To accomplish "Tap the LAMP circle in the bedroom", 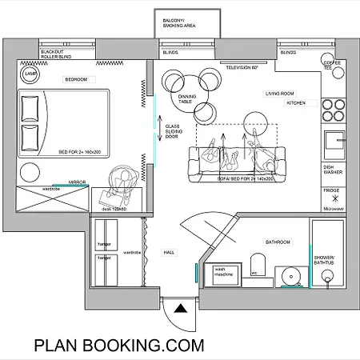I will coord(31,74).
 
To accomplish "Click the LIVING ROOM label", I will coord(281,94).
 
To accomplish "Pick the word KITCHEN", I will coord(296,103).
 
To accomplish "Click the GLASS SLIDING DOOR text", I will coord(173,131).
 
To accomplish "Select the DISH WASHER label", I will coord(334,170).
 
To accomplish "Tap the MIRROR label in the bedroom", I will coord(77,182).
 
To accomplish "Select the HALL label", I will coord(169,252).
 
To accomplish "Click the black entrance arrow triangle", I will coord(182,307).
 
